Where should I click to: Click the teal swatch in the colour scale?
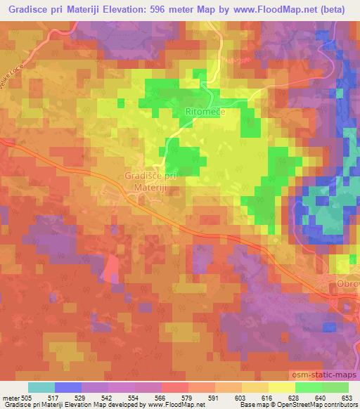point(41,388)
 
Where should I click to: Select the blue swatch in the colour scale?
point(68,388)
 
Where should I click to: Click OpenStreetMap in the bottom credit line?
point(304,405)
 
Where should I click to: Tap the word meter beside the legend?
point(8,398)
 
